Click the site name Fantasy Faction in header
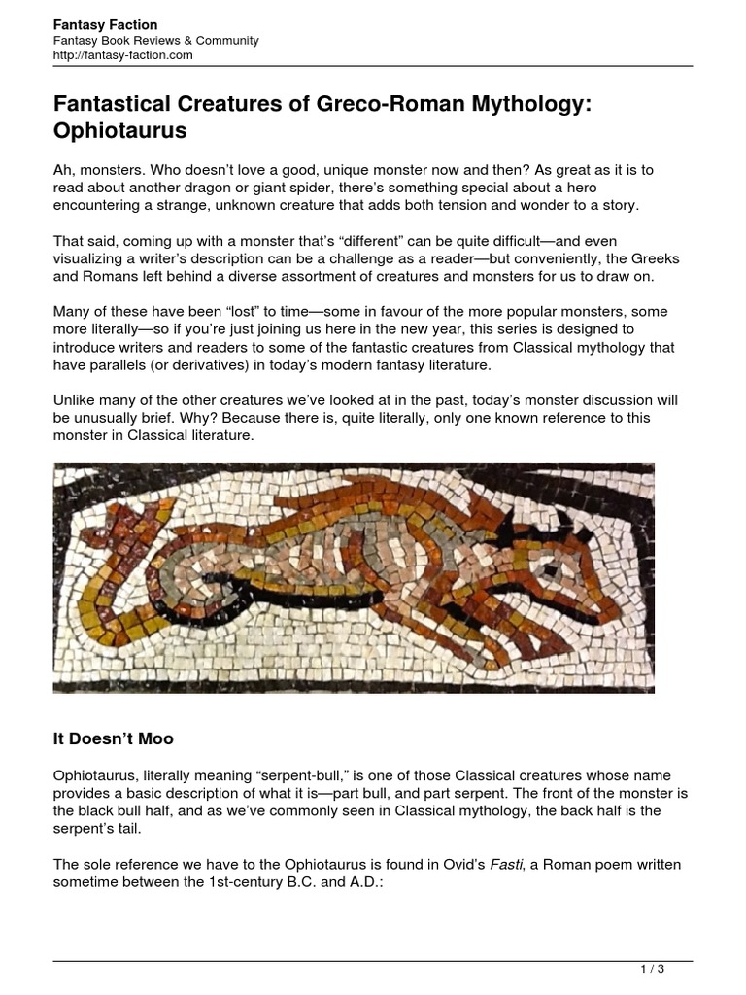point(105,24)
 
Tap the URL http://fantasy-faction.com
point(122,55)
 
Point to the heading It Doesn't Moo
point(113,739)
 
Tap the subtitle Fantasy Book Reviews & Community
point(155,41)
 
